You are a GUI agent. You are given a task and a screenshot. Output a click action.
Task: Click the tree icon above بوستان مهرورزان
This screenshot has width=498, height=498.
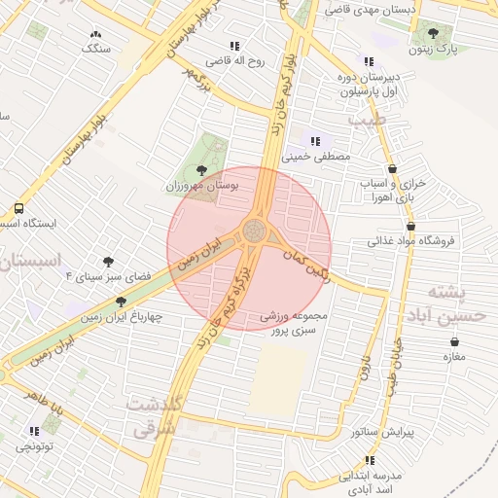pyautogui.click(x=201, y=170)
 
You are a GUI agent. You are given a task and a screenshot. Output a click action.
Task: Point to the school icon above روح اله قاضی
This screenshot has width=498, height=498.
pyautogui.click(x=233, y=46)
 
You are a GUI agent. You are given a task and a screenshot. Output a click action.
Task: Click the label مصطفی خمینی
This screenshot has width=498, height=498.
pyautogui.click(x=314, y=156)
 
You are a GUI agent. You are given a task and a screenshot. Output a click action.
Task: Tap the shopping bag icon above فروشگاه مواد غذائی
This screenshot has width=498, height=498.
pyautogui.click(x=411, y=227)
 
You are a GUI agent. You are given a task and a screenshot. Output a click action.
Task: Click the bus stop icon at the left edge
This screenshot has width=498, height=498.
pyautogui.click(x=19, y=208)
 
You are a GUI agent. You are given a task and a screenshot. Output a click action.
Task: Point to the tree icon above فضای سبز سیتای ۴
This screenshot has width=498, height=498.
pyautogui.click(x=107, y=262)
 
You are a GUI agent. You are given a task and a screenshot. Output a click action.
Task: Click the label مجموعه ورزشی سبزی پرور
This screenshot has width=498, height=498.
pyautogui.click(x=298, y=325)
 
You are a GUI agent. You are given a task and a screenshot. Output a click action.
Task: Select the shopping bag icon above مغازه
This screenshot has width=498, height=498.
pyautogui.click(x=454, y=341)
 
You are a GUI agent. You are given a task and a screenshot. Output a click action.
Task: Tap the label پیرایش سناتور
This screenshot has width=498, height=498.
pyautogui.click(x=409, y=431)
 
